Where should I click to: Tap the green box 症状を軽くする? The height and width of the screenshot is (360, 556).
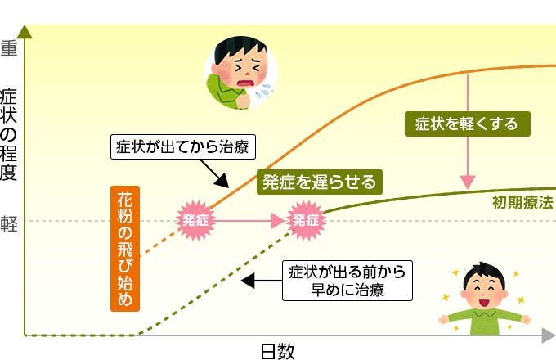tap(466, 124)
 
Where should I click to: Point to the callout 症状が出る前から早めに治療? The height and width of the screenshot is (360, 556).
tap(347, 280)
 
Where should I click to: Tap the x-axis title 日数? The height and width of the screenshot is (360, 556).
tap(277, 351)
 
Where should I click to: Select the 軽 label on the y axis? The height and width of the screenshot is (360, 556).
tap(9, 222)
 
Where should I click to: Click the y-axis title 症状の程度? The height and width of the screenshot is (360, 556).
tap(9, 131)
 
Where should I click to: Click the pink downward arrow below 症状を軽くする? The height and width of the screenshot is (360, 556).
tap(468, 164)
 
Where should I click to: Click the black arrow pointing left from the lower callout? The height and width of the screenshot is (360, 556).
tap(262, 281)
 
